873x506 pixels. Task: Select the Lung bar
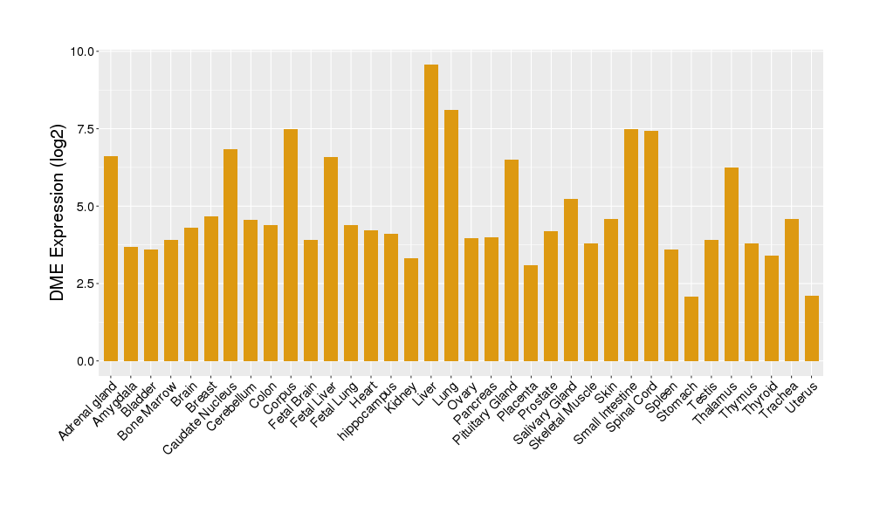click(451, 236)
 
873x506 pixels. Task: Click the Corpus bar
click(291, 245)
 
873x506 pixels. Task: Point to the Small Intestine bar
click(631, 245)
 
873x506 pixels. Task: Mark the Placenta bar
click(531, 313)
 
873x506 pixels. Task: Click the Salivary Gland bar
click(571, 280)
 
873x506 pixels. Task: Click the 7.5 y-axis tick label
click(85, 129)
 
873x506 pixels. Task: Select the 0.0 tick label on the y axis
click(85, 361)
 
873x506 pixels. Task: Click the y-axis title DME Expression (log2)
click(58, 207)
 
